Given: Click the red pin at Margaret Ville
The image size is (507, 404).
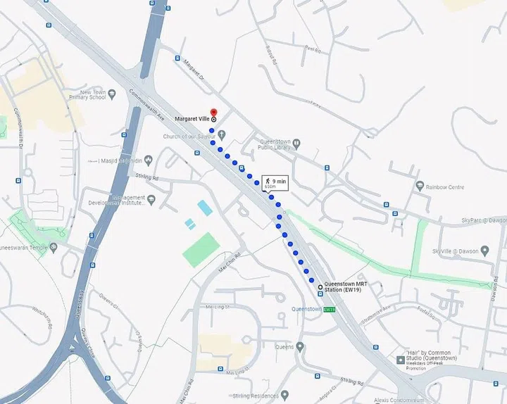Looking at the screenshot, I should click(214, 112).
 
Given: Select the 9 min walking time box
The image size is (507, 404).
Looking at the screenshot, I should click(275, 182).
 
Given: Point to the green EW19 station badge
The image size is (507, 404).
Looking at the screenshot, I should click(330, 309).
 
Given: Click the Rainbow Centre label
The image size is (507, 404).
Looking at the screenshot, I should click(444, 187).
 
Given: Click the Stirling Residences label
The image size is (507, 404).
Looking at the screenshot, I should click(253, 394).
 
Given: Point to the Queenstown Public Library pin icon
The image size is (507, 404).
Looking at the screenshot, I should click(296, 144).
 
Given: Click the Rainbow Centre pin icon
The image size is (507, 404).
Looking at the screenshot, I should click(420, 187).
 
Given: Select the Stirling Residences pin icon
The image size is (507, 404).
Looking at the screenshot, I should click(284, 394).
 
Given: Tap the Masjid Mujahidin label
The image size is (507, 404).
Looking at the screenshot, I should click(120, 160).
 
